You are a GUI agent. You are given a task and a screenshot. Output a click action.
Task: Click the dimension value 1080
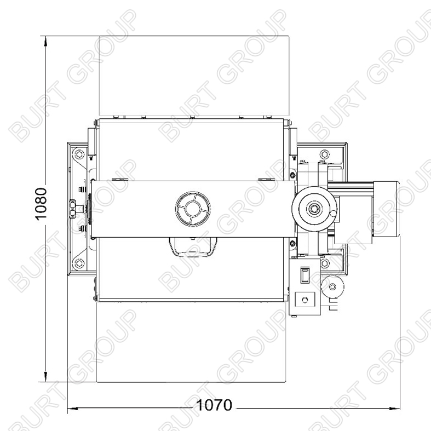pos(42,204)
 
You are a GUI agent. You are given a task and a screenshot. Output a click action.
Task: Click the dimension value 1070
pos(214,405)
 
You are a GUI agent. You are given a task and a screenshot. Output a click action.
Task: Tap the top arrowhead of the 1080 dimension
pos(45,41)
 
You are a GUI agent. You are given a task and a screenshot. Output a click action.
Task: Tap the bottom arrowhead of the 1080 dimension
pos(45,377)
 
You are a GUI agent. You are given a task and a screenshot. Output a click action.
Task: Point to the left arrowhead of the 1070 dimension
pos(73,408)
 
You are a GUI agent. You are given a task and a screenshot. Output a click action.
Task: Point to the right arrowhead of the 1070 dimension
pos(395,408)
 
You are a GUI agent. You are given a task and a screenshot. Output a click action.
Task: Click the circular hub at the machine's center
pos(193,209)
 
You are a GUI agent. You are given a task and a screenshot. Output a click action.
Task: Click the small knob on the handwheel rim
pos(332,213)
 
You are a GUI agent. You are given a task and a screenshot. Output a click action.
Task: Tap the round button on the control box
pos(305,300)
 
